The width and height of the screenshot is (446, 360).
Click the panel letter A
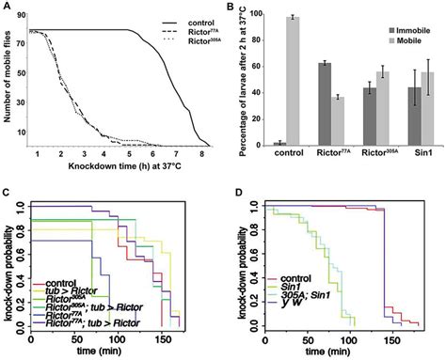tap(7, 7)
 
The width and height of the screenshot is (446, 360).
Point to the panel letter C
tap(7, 190)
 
